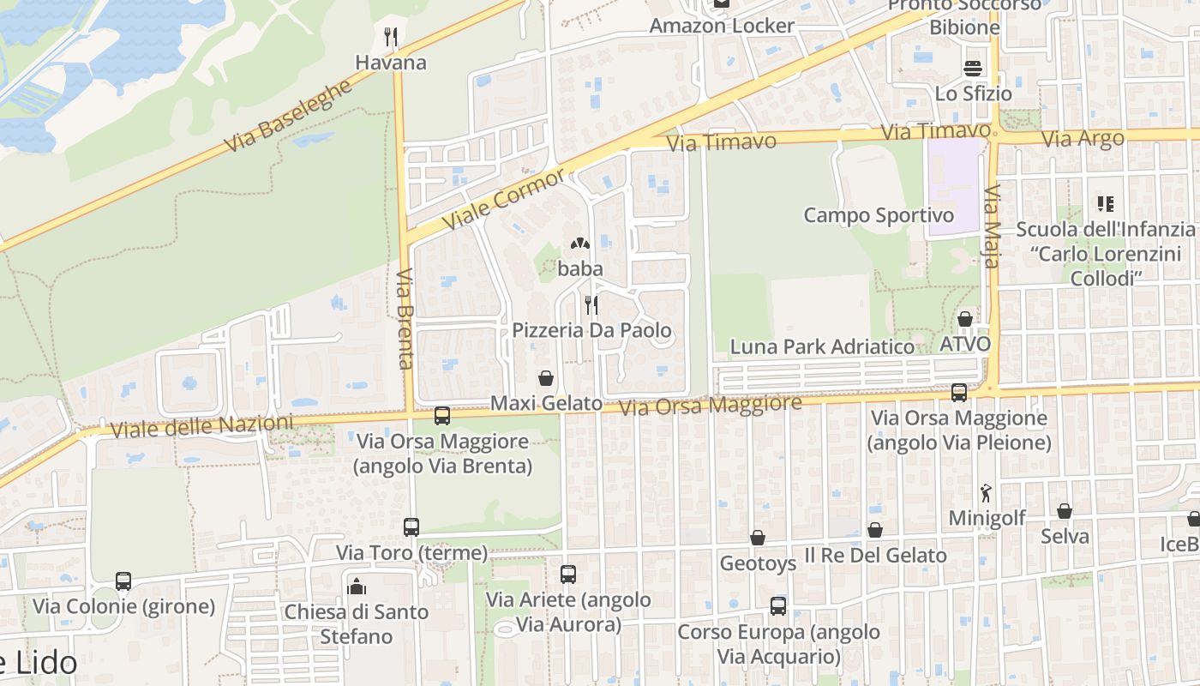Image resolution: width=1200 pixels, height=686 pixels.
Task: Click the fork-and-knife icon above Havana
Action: tap(391, 37)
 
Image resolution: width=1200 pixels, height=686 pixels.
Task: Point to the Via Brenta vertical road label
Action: tap(405, 318)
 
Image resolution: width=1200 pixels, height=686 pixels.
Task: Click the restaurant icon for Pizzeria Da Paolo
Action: tap(591, 304)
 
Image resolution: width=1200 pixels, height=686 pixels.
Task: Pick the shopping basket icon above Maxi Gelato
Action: tap(545, 378)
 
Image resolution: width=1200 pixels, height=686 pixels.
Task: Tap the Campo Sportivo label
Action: tap(879, 214)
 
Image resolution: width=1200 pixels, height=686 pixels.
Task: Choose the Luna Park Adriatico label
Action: tap(822, 346)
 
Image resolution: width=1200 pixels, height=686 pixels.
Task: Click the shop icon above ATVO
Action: tap(965, 319)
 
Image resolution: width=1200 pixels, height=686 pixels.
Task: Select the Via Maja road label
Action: tap(993, 226)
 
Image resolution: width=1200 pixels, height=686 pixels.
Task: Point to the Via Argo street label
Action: tap(1082, 138)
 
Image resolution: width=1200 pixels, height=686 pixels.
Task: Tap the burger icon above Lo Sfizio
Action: tap(973, 68)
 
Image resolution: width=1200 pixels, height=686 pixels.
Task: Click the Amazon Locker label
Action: tap(722, 26)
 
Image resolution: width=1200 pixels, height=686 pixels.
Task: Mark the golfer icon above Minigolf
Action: tap(986, 493)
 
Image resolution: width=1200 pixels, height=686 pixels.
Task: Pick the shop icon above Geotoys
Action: tap(757, 538)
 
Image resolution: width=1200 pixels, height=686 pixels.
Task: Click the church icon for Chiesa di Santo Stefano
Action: tap(357, 587)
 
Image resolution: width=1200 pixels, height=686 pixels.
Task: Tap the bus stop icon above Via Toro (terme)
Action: tap(411, 527)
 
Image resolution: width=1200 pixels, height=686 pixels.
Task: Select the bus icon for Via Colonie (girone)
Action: tap(123, 581)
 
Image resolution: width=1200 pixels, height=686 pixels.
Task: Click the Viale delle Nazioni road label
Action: tap(201, 425)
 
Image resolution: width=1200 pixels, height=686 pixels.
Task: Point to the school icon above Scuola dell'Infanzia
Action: tap(1106, 204)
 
